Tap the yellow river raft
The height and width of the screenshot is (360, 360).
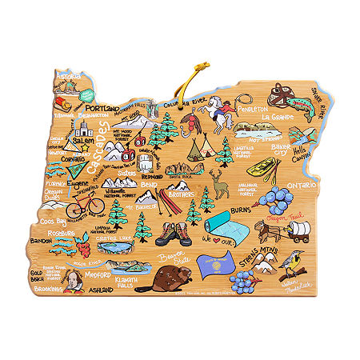(260, 170)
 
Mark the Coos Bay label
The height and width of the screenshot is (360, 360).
(52, 222)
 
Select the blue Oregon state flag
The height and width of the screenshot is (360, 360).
(208, 262)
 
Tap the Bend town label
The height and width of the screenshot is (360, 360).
(150, 186)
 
